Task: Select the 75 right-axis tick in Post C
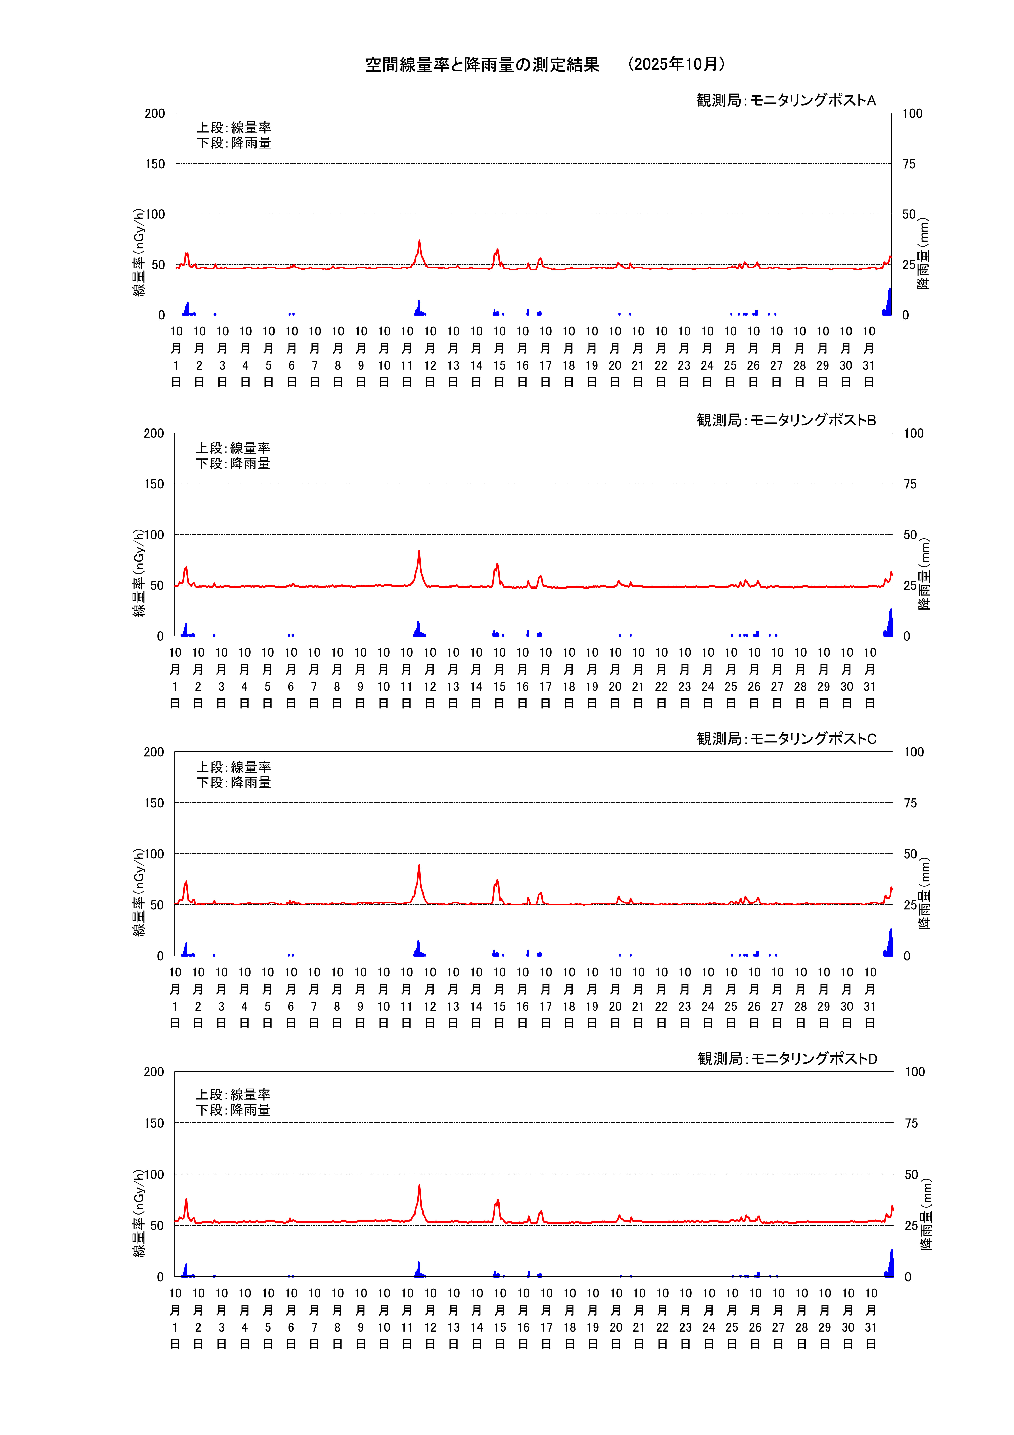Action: point(910,803)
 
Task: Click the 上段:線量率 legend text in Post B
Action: point(233,448)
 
